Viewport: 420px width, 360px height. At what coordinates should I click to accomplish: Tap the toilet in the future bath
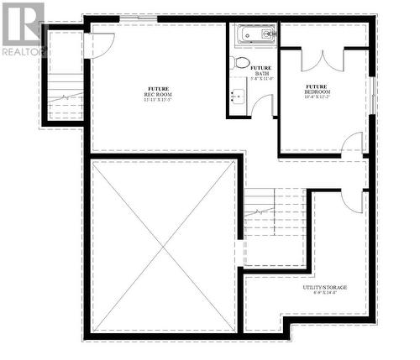pos(241,63)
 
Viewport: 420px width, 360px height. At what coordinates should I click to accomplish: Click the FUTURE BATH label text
pos(261,70)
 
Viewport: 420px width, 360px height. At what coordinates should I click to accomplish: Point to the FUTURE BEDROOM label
pos(317,89)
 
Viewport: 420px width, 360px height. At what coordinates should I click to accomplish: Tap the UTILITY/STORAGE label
pos(325,288)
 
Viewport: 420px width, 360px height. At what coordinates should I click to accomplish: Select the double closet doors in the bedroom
pos(323,60)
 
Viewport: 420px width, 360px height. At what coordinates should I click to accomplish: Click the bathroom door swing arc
pos(262,105)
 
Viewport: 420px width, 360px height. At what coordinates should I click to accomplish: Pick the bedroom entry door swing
pos(351,146)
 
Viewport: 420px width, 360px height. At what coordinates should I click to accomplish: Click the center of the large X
pos(163,248)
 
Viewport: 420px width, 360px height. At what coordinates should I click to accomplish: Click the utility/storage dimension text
pos(325,295)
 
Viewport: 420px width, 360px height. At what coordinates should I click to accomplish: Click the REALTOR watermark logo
pos(23,29)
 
